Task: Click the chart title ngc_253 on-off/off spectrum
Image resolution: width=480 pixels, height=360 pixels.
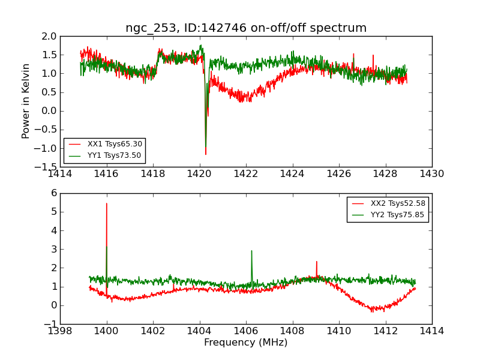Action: pos(246,28)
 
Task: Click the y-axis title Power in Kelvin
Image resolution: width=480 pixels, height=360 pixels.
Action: pos(26,101)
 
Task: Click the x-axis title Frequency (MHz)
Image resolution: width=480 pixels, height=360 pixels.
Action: pos(246,343)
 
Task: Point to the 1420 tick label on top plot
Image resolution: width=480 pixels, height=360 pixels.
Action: pos(199,174)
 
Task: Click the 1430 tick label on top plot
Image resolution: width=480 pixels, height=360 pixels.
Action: pos(431,174)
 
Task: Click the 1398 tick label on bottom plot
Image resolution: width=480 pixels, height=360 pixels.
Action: pos(61,331)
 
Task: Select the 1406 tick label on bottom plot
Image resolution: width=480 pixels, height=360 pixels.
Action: pos(246,331)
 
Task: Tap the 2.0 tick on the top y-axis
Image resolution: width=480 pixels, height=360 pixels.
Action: pos(50,37)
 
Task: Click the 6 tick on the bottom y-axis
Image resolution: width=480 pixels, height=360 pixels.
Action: pos(54,193)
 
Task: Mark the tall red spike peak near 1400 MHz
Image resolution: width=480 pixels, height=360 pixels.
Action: pos(107,203)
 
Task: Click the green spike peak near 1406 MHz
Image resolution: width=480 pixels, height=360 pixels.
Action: pos(251,251)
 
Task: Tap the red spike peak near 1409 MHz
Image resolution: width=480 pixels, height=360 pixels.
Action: pos(316,262)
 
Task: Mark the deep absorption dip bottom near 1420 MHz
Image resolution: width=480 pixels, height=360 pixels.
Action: pos(206,154)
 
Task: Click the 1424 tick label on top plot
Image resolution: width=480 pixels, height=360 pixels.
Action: pos(292,174)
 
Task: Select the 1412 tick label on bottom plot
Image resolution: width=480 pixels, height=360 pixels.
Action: pos(385,331)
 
